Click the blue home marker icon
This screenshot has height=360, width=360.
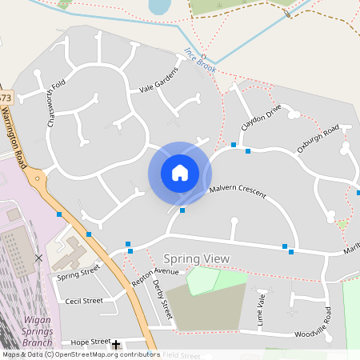point(180,173)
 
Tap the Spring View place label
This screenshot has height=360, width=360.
point(196,258)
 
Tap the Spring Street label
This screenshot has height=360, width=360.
point(79,272)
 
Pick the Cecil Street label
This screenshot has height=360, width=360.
point(84,301)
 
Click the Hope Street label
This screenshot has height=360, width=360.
point(90,342)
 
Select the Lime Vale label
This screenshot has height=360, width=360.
point(261,308)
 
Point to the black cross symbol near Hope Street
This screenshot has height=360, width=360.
point(116,345)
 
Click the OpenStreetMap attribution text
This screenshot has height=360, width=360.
point(80,354)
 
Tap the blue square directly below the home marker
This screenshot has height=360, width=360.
point(182,210)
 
